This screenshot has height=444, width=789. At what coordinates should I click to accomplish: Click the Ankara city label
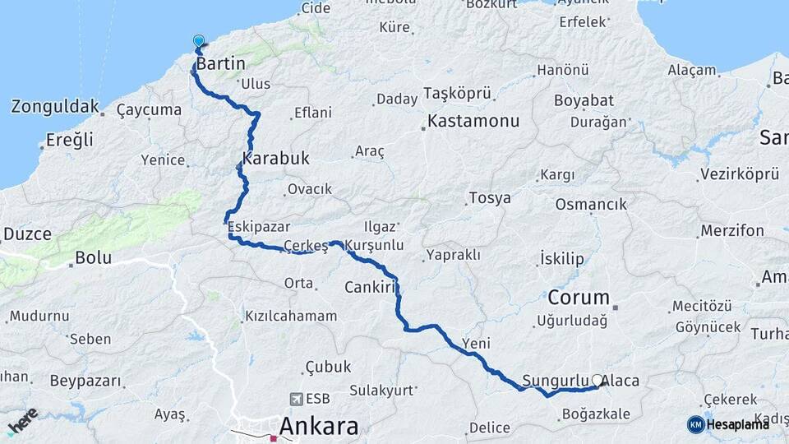319,427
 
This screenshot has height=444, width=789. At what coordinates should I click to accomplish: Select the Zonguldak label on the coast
55,107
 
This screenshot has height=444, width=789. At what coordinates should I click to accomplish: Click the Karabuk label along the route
275,159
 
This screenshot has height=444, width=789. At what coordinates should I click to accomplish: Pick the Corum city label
579,298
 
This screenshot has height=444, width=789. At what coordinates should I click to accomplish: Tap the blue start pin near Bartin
198,41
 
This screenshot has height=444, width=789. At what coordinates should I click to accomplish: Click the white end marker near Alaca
598,380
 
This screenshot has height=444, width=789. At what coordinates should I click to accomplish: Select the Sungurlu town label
555,382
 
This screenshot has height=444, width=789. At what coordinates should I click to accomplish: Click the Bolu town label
93,257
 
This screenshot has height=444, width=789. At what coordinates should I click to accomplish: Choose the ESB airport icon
296,399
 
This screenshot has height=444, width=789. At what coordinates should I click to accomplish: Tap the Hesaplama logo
728,424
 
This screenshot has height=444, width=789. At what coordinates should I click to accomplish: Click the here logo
22,420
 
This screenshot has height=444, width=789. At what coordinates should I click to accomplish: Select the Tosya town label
490,198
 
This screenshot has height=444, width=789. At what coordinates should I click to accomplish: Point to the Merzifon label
732,232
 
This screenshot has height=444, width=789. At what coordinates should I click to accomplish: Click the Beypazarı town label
85,382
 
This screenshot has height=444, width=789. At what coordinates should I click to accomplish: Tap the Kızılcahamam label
291,317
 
